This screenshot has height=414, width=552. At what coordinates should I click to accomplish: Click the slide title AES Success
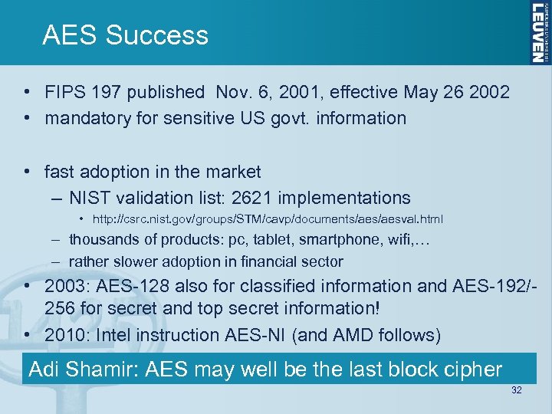[x=125, y=35]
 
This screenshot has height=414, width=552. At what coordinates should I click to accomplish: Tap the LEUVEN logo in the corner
[x=538, y=31]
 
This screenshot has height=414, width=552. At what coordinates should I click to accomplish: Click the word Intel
[x=111, y=335]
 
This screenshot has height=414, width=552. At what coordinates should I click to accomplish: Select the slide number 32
[x=516, y=391]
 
